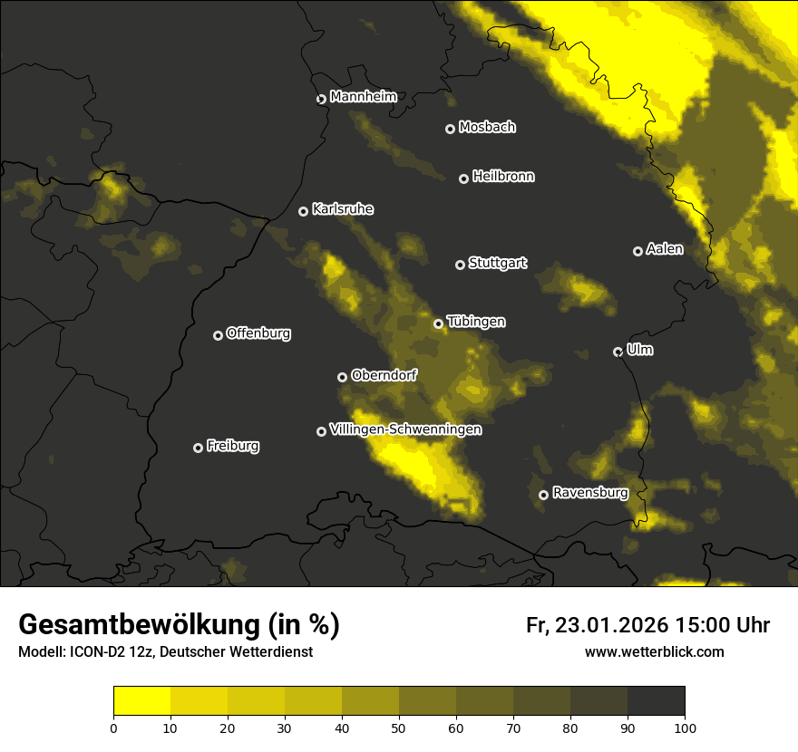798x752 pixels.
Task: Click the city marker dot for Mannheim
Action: (321, 100)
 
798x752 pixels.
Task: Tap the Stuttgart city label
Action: (498, 263)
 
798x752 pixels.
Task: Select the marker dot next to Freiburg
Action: (199, 448)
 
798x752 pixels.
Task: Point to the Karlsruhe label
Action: (343, 209)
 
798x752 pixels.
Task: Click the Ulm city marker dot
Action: (618, 352)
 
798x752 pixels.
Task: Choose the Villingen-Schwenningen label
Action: (405, 429)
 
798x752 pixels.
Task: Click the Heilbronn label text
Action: (503, 177)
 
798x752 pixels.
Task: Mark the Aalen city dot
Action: (638, 251)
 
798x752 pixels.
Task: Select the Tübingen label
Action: (476, 322)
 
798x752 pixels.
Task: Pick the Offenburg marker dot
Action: (219, 335)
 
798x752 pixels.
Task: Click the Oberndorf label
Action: (384, 375)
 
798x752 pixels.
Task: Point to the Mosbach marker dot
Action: (450, 129)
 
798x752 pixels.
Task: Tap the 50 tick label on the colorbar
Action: (399, 728)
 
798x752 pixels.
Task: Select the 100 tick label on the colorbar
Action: (685, 728)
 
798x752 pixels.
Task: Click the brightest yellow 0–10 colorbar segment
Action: (142, 701)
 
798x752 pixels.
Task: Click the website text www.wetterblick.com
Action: (655, 651)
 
